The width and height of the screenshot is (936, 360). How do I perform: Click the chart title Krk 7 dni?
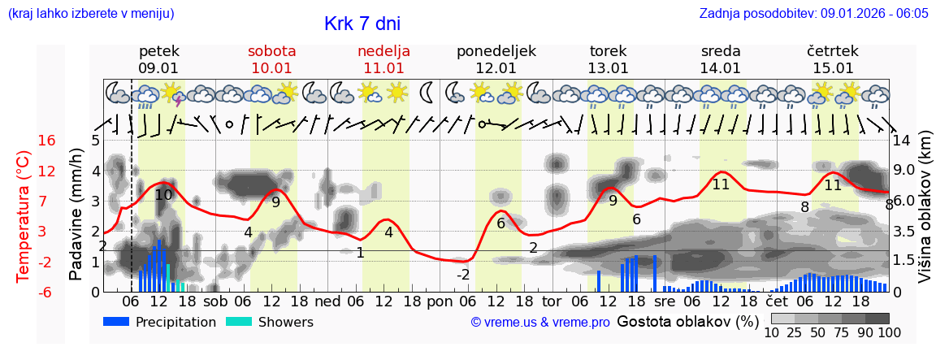pos(362,24)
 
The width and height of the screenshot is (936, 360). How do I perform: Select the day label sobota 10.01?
pos(271,59)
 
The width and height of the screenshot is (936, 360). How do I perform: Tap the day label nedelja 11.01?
pos(383,59)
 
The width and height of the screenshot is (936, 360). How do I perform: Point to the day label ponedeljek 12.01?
pos(496,59)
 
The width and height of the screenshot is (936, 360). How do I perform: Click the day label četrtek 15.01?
pos(833,59)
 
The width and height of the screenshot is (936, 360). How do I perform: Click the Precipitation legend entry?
pos(160,322)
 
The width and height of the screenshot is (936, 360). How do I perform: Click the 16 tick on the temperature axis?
pos(47,141)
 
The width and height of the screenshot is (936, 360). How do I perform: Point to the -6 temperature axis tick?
pos(47,292)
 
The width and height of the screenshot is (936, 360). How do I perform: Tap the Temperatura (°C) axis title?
pos(24,216)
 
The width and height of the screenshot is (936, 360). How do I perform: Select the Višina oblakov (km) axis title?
pos(924,216)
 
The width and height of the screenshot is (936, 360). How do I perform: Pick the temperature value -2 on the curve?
pos(462,275)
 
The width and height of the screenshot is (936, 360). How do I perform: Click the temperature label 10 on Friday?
pos(163,194)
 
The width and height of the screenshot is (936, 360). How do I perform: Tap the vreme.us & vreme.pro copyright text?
pos(540,322)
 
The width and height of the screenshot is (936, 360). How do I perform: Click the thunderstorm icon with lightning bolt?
pos(175,94)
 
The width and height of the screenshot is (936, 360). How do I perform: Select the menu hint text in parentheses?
pos(91,14)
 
